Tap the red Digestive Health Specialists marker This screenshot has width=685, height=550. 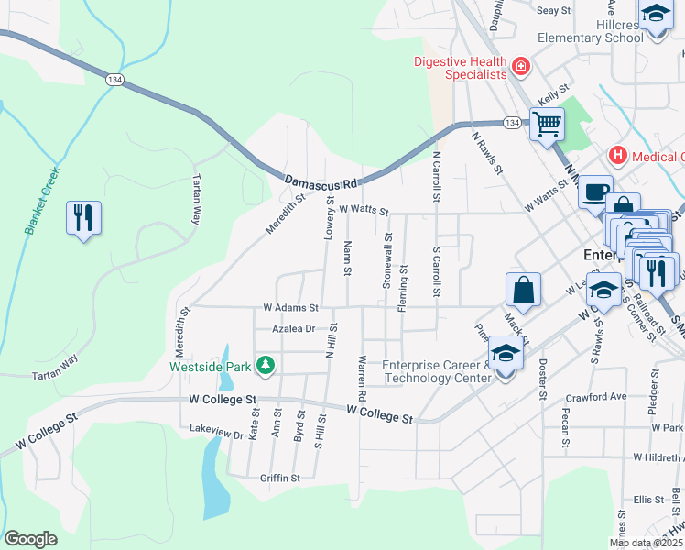pos(520,66)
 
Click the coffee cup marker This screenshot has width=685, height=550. pos(595,191)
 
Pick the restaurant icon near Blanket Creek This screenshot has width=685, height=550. pos(83,218)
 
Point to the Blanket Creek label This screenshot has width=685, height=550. pos(38,201)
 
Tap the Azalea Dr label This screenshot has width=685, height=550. pos(293,328)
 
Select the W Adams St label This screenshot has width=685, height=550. pos(290,308)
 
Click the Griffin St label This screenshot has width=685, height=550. pos(280,478)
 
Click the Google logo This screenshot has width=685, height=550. pos(30,538)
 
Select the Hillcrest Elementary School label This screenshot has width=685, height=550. pos(591,31)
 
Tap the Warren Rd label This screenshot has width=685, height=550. pos(363,377)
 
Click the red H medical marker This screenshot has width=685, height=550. pos(617,156)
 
